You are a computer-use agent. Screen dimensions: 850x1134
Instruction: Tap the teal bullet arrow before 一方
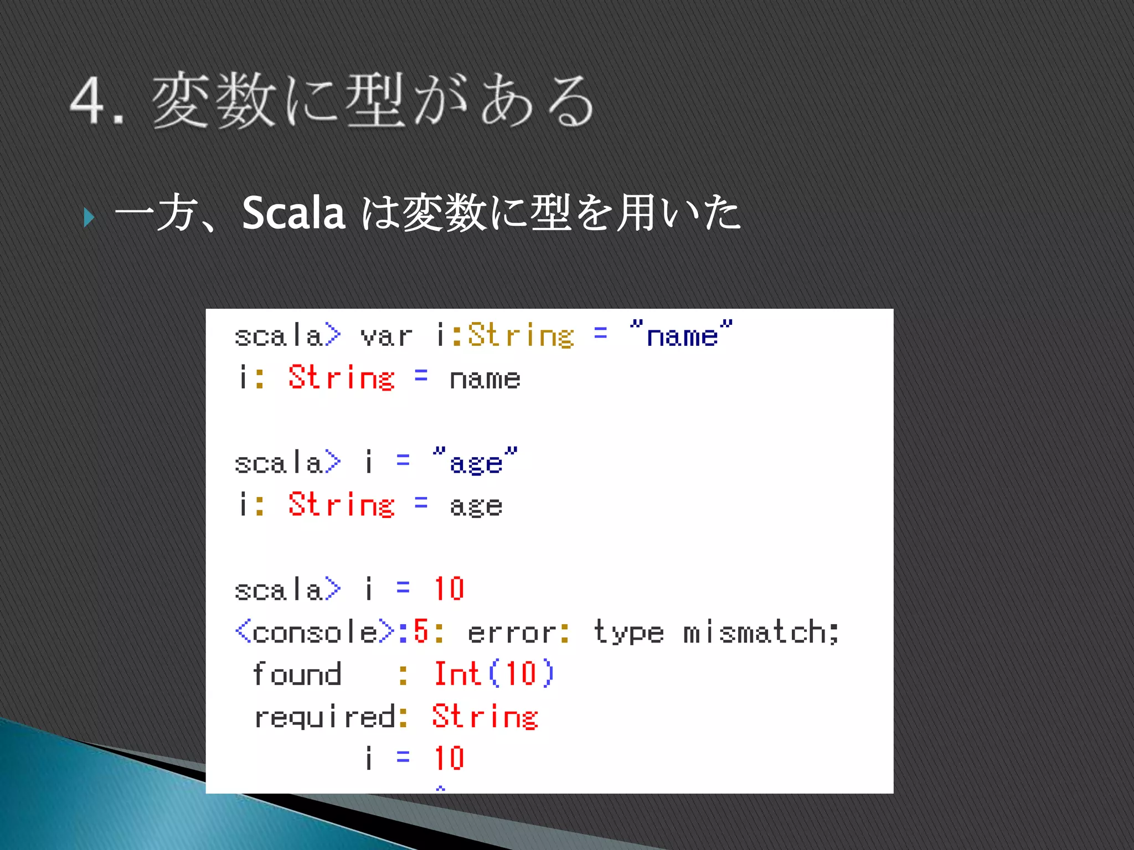(x=89, y=217)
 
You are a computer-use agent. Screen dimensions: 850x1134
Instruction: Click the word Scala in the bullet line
(x=293, y=214)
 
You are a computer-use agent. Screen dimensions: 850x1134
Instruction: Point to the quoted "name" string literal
(x=681, y=334)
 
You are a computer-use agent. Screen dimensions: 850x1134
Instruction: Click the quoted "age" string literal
(x=476, y=461)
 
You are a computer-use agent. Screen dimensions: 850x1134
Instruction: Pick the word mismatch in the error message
(x=761, y=632)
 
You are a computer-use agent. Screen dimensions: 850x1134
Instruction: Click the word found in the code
(x=297, y=674)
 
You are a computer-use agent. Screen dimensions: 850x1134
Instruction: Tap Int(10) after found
(x=493, y=674)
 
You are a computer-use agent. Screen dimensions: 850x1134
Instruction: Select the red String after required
(x=485, y=717)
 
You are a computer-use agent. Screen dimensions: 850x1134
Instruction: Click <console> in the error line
(x=315, y=632)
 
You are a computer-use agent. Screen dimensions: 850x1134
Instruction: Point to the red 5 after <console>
(x=421, y=631)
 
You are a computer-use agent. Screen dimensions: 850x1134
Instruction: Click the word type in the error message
(x=628, y=632)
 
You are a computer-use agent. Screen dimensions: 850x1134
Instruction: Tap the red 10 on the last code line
(x=449, y=758)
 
